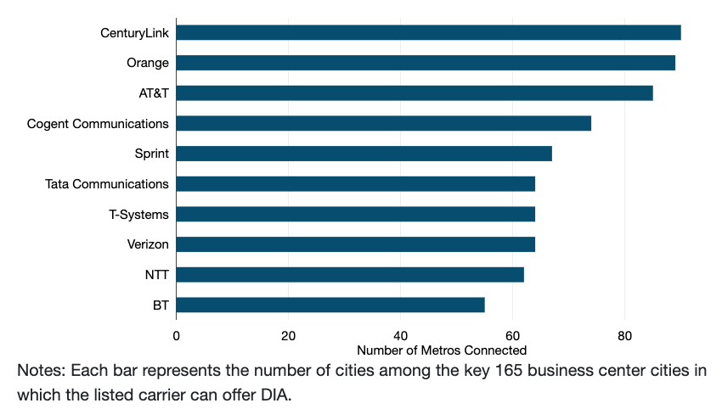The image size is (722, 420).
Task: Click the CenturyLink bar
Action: [x=428, y=32]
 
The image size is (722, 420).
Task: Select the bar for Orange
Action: [x=426, y=63]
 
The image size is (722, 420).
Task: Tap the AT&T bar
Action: [x=415, y=93]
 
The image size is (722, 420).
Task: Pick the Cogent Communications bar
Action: [x=383, y=124]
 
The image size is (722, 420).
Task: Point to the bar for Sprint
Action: [x=364, y=154]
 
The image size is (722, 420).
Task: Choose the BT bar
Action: [x=330, y=305]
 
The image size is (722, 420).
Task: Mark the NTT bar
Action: [x=350, y=275]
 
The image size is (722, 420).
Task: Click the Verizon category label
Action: [x=147, y=244]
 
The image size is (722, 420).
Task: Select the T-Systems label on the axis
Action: [x=138, y=215]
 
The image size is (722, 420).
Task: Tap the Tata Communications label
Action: [x=106, y=184]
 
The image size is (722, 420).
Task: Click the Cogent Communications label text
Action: [x=98, y=124]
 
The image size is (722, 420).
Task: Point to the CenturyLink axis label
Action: [x=134, y=33]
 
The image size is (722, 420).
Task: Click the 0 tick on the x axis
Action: [x=176, y=335]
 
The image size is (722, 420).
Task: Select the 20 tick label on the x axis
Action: [x=288, y=335]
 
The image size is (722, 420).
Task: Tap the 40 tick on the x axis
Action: [x=400, y=335]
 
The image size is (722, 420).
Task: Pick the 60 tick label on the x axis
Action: [x=512, y=335]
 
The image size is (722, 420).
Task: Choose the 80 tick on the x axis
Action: [x=624, y=335]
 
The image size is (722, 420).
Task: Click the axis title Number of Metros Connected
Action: [x=442, y=350]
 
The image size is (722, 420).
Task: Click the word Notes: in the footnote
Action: [x=40, y=371]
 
